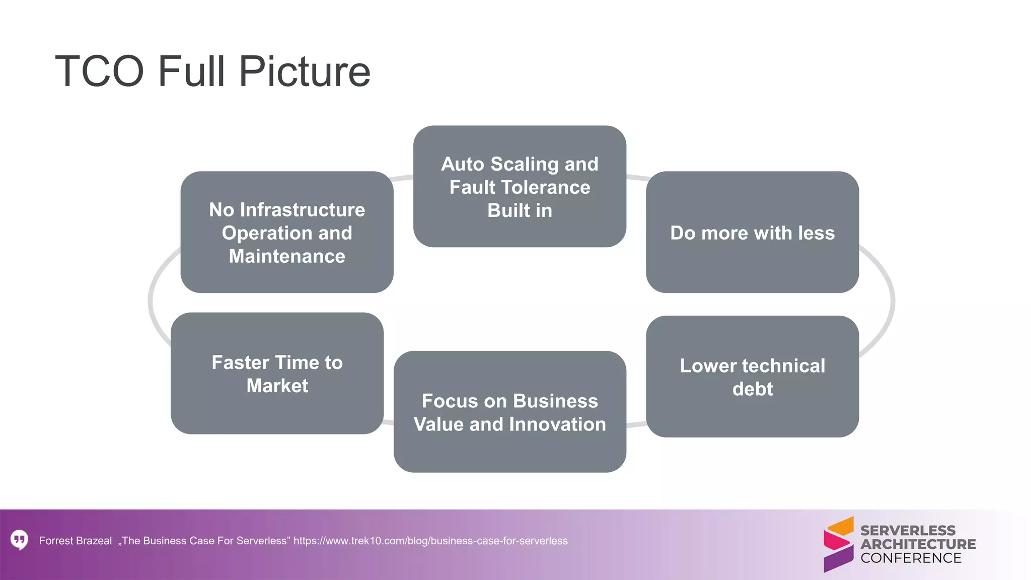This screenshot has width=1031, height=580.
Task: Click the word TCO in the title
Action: (x=100, y=71)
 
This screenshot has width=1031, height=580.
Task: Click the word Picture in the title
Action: (x=305, y=71)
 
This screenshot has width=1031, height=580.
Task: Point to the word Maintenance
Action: (x=287, y=256)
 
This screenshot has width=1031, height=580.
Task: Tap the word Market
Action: (x=277, y=386)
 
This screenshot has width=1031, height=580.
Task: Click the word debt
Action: (x=752, y=389)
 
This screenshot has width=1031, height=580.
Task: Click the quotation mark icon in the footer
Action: (x=20, y=540)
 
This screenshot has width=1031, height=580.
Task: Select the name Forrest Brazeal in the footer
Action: (x=76, y=541)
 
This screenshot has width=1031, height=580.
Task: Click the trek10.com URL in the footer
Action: (x=430, y=541)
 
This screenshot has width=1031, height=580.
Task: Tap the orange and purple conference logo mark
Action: (x=838, y=544)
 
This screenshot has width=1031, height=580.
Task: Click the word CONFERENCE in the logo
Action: (x=911, y=558)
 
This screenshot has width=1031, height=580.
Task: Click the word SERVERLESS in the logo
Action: (x=908, y=531)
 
